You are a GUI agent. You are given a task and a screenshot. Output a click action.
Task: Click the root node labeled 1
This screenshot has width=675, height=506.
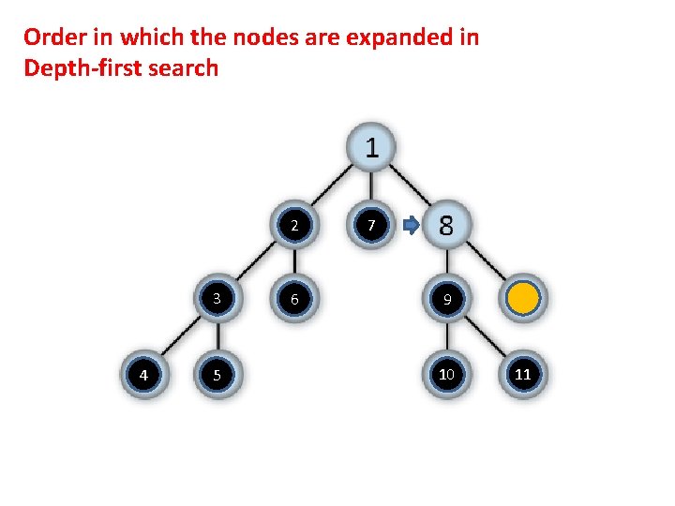pyautogui.click(x=372, y=148)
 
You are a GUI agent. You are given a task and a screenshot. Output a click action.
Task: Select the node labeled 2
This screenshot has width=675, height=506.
pyautogui.click(x=294, y=226)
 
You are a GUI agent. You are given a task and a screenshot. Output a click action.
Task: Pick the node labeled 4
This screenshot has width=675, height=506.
pyautogui.click(x=142, y=375)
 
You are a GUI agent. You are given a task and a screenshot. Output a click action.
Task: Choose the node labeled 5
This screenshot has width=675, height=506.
pyautogui.click(x=217, y=375)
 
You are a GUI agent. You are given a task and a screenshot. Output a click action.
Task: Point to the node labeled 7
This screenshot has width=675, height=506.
pyautogui.click(x=371, y=226)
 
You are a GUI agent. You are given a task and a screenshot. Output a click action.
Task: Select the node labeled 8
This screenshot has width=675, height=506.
pyautogui.click(x=446, y=226)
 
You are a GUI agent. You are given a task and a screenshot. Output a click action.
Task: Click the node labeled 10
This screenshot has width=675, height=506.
pyautogui.click(x=447, y=375)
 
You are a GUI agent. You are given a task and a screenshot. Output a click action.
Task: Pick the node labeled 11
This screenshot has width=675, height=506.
pyautogui.click(x=523, y=375)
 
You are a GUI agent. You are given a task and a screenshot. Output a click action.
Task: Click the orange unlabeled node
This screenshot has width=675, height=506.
pyautogui.click(x=523, y=299)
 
